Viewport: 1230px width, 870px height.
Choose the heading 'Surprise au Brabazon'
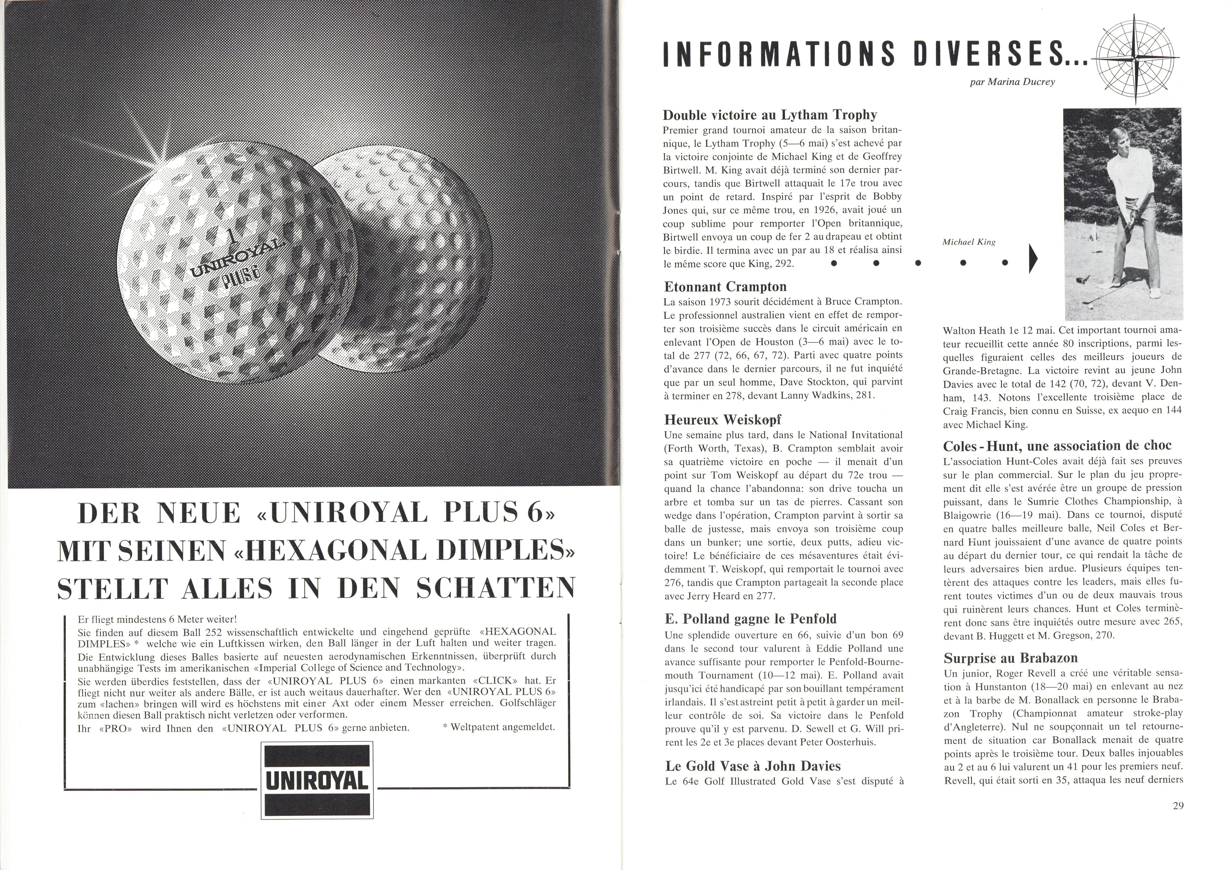1010,658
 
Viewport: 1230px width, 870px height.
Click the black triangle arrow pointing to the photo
1033,259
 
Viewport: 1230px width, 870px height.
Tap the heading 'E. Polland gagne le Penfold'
750,619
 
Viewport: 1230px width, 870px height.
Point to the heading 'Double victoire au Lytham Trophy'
770,115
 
